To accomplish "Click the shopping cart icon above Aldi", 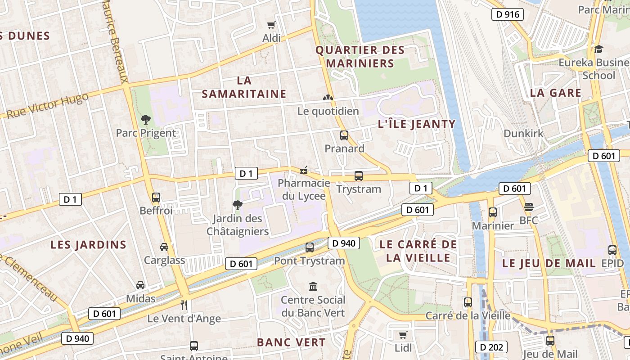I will coord(271,25).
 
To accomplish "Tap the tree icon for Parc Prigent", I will coord(145,120).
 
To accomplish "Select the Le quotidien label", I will coord(328,111).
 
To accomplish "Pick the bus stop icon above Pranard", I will coord(344,135).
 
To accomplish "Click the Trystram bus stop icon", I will coord(359,176).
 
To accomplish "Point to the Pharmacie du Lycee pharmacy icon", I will coord(304,170).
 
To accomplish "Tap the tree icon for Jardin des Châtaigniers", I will coord(237,206).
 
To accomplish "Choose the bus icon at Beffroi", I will coord(156,197).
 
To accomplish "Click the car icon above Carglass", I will coord(164,247).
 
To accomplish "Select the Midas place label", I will coord(140,298).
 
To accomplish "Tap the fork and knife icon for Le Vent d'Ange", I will coord(184,305).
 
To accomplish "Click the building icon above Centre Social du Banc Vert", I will coord(313,286).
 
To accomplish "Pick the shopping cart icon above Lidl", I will coord(403,335).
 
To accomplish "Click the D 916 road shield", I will coord(508,14).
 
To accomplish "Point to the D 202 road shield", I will coord(491,347).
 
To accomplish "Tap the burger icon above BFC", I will coord(529,207).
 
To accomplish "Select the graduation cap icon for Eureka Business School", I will coord(598,49).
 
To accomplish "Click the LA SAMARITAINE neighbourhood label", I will coord(244,87).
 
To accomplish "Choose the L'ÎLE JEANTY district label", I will coord(417,124).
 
